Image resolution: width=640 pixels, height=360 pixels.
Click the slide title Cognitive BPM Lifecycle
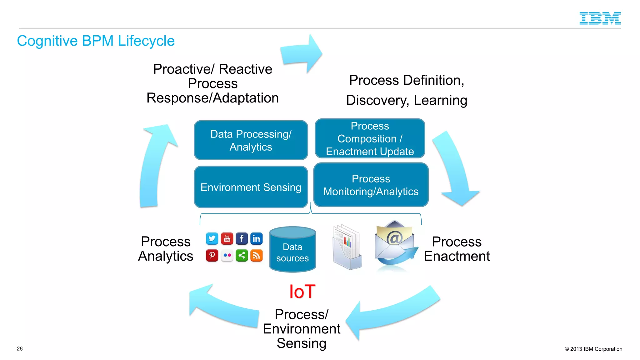96,41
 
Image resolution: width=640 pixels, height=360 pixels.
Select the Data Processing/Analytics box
251,140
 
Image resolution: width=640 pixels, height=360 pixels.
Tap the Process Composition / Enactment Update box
370,138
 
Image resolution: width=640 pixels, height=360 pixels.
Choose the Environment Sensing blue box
251,187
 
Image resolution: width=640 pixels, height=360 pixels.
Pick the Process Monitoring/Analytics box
371,185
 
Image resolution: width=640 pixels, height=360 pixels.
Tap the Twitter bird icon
212,239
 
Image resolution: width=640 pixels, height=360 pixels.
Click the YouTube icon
227,239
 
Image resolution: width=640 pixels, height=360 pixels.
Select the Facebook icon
242,239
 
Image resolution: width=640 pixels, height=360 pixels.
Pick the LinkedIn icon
256,239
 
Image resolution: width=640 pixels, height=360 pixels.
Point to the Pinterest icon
212,256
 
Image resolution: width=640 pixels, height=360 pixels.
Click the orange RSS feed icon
256,256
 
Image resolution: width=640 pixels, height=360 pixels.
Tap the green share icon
242,256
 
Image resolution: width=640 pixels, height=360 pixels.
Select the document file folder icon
347,247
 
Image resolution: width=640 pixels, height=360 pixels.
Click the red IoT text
302,292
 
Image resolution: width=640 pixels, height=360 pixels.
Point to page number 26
20,349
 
